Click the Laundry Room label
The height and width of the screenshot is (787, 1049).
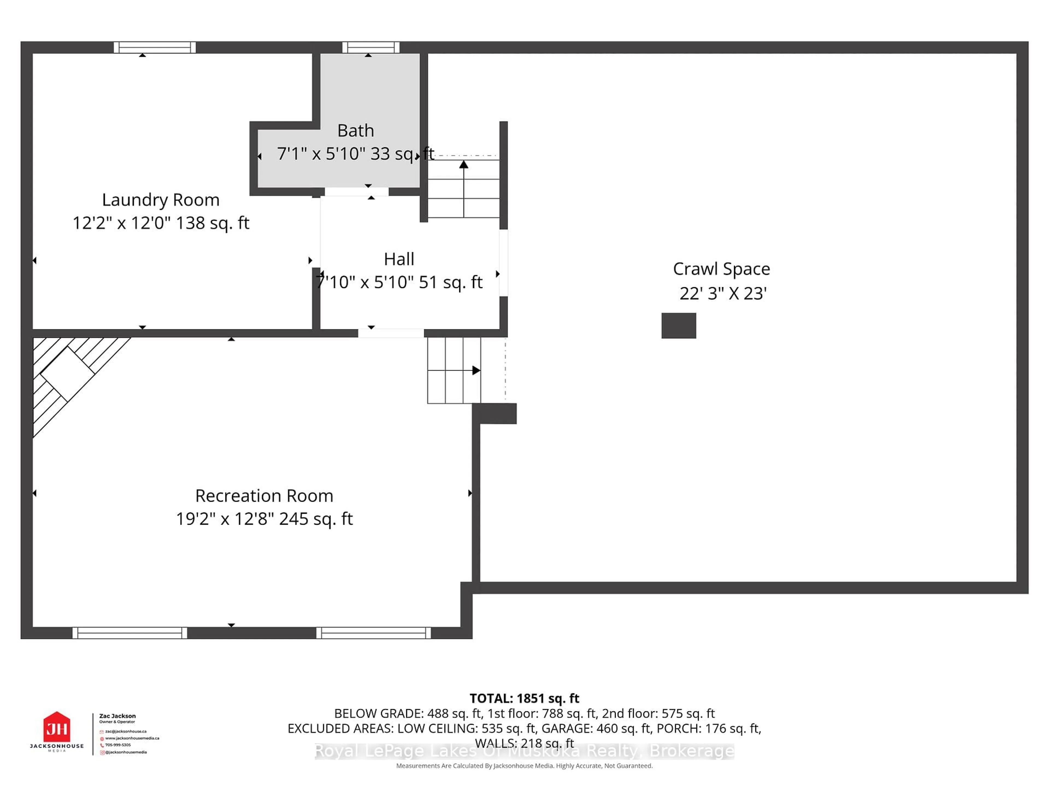coord(161,200)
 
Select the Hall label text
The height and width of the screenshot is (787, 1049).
coord(399,259)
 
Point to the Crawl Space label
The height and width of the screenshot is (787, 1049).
coord(721,269)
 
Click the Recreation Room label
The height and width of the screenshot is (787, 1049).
coord(264,496)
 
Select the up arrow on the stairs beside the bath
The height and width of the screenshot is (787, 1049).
coord(463,165)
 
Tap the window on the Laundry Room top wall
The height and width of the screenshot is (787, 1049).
coord(155,48)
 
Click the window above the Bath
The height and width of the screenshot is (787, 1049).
coord(371,48)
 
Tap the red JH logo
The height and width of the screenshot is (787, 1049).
coord(57,727)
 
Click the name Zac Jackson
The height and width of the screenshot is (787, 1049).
coord(117,716)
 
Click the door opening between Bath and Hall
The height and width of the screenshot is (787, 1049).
coord(356,192)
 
